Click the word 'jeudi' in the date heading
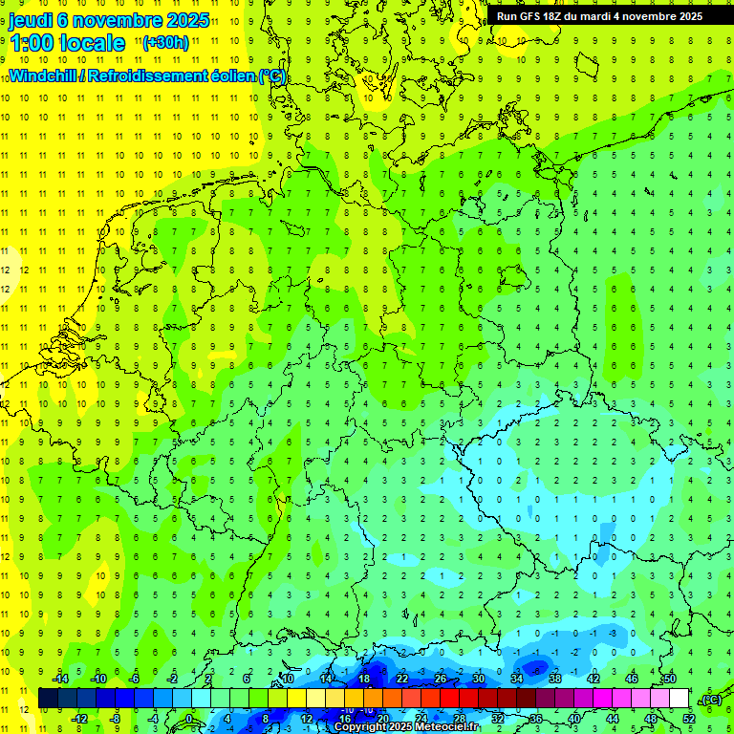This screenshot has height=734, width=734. pos(32,19)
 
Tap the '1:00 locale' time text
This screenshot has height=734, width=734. pos(68,43)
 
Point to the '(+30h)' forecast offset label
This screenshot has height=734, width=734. pos(165,42)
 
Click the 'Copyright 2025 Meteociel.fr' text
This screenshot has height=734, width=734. pos(406,727)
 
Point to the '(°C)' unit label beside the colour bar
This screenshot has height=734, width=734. pos(710,700)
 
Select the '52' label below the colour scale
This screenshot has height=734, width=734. pos(689,718)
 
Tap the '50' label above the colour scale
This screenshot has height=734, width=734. pos(670,679)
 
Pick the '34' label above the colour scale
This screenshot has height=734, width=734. pos(517,679)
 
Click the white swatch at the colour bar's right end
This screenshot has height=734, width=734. pos(680,699)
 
